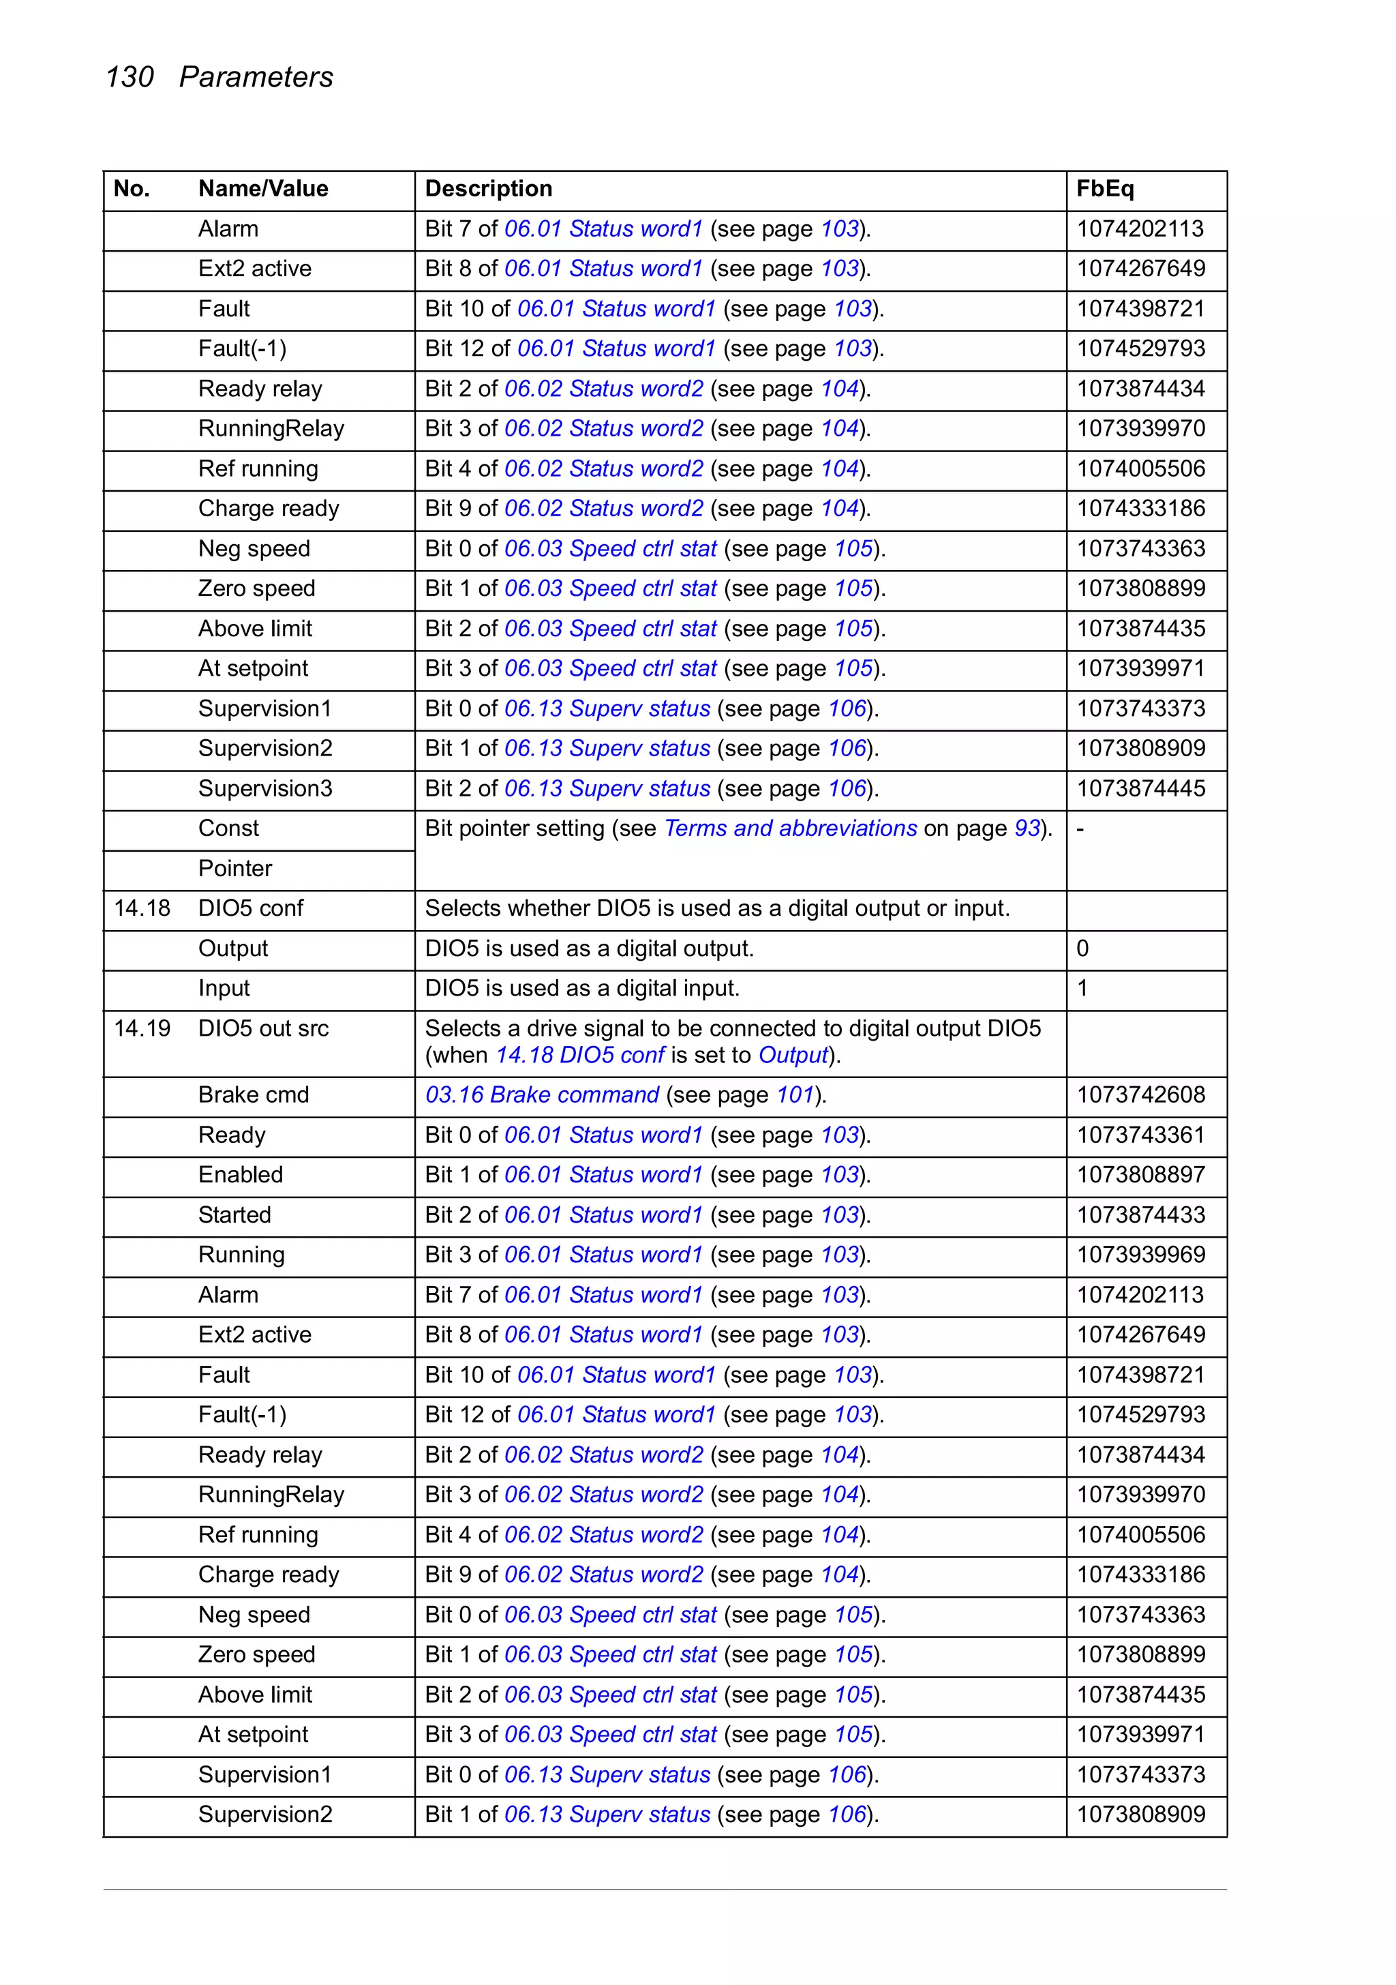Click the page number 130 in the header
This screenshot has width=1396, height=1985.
(x=129, y=77)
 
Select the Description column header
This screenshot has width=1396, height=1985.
(x=487, y=188)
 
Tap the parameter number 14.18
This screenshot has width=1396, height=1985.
(x=142, y=909)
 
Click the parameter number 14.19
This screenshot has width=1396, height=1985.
(x=142, y=1029)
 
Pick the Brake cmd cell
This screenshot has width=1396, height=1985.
(x=254, y=1095)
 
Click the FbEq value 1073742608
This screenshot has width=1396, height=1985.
(x=1140, y=1095)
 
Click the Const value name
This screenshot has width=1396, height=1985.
(x=228, y=829)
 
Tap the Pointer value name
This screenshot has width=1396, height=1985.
(x=234, y=869)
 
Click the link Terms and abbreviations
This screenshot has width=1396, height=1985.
(x=790, y=829)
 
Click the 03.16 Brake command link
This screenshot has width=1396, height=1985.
(x=542, y=1095)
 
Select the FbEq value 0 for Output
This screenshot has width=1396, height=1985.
(x=1082, y=949)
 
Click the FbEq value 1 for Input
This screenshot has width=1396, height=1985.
(x=1082, y=989)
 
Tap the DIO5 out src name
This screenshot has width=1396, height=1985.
(x=263, y=1029)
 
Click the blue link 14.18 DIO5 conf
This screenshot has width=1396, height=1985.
(x=579, y=1056)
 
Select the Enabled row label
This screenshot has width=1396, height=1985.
(x=241, y=1175)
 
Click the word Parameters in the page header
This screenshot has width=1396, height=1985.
(x=256, y=77)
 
